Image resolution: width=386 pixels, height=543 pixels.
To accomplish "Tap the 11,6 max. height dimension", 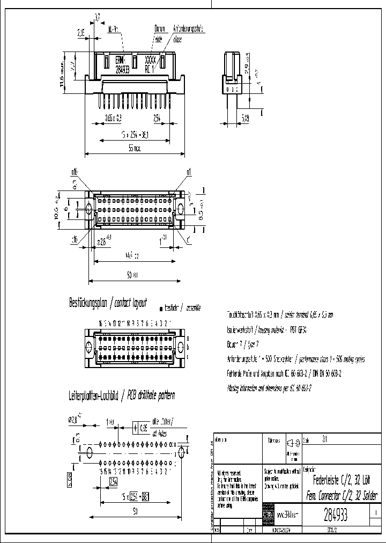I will coord(62,78).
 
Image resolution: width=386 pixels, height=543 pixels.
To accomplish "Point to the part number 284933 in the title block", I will coord(336,516).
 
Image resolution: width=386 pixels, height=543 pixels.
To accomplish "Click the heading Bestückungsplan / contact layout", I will coord(108,303).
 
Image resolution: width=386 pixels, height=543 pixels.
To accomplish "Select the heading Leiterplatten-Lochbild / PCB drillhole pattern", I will coord(121,395).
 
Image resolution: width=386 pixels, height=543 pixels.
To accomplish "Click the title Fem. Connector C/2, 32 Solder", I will coord(340,494).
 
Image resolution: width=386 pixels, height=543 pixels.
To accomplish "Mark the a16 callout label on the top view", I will coord(74,172).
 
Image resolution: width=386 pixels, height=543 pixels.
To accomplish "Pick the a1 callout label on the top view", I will coord(189,172).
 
